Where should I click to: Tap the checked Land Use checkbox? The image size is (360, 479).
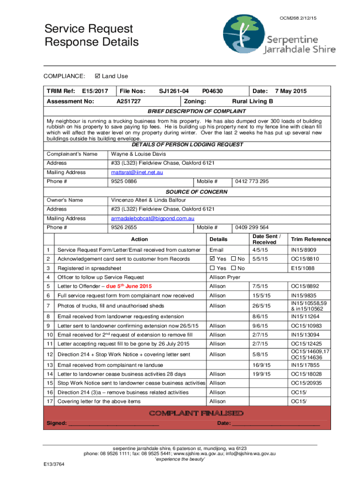97,76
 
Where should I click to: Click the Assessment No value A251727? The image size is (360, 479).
129,102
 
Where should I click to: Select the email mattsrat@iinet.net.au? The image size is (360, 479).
137,173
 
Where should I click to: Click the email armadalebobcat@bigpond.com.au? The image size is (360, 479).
152,218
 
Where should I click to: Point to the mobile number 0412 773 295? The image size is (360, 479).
252,181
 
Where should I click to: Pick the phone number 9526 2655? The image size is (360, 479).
124,227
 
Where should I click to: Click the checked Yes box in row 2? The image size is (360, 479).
213,259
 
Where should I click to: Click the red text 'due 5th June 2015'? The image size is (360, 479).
129,286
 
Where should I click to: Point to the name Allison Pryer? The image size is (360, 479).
225,277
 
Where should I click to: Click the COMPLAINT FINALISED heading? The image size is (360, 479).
195,413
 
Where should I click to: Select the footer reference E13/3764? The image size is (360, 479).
52,464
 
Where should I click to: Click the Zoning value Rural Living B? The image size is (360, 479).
252,102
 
